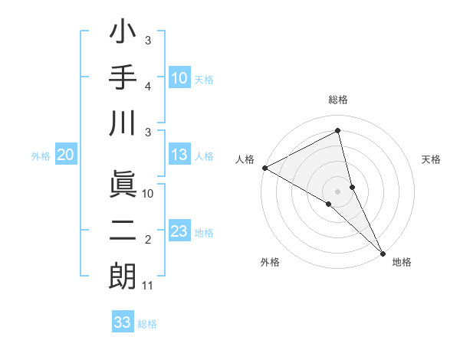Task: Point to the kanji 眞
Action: [123, 184]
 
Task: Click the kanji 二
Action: [123, 231]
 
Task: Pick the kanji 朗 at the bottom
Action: [123, 277]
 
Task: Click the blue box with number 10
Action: [179, 77]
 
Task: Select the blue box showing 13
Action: [179, 155]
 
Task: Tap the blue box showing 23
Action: [179, 231]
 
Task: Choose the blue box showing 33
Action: [122, 322]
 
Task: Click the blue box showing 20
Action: [65, 155]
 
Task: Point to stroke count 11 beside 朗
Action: [148, 286]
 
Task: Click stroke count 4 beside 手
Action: [148, 87]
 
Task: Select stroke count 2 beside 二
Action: [148, 241]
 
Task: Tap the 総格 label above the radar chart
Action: [338, 100]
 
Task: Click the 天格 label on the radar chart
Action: [432, 159]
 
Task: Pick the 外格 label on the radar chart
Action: [270, 262]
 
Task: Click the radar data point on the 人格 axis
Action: [264, 167]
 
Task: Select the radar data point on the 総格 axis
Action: [338, 130]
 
